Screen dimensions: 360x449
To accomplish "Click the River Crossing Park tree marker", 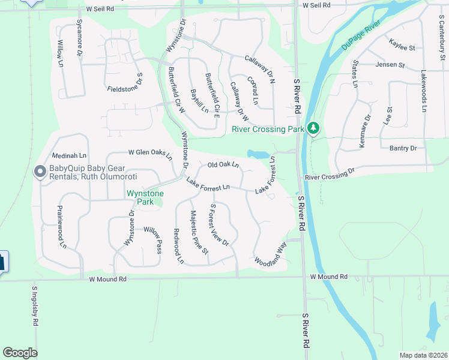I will (312, 128).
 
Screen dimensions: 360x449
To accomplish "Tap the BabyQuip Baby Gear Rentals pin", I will (40, 172).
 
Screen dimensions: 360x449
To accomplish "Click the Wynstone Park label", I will (140, 197).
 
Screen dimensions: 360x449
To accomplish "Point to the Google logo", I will (20, 353).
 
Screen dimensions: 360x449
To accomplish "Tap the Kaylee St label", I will (402, 47).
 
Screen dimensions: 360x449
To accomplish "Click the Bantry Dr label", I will (403, 148).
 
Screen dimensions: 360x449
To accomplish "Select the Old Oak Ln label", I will (223, 164).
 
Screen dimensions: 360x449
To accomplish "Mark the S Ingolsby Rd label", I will (35, 305).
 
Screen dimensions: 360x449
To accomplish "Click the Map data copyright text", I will (423, 355).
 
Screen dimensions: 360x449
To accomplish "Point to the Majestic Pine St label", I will (199, 233).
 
